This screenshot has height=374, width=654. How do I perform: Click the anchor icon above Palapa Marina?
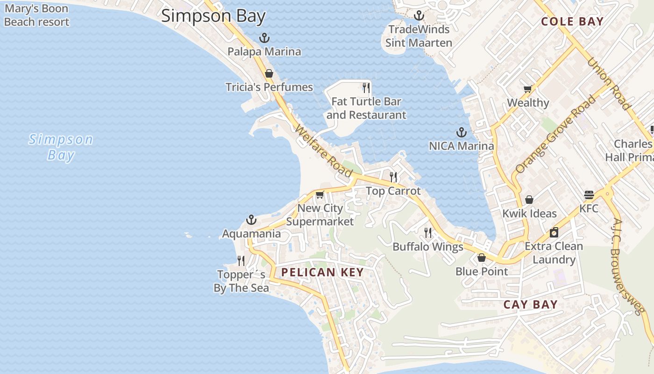point(264,38)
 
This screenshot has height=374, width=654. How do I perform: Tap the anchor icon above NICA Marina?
point(462,132)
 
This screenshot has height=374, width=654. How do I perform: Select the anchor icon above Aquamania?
point(251,220)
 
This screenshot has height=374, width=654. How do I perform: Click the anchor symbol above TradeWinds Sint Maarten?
point(419,16)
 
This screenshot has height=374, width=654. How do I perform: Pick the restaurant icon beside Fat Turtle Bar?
point(366,87)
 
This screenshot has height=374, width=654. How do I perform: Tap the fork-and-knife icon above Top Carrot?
point(393,177)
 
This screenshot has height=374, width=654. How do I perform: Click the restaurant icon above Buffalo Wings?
point(427,232)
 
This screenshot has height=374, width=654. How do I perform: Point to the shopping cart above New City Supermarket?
point(320,194)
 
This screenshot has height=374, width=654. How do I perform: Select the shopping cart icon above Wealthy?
point(528,89)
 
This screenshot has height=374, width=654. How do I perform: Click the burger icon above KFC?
point(589,194)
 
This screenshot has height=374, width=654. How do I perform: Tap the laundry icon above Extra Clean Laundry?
point(554,232)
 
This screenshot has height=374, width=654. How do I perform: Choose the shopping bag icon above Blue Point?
point(482,258)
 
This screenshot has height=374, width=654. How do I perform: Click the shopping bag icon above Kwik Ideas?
point(529,200)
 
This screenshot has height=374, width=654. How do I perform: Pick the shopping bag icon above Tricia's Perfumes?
point(269,73)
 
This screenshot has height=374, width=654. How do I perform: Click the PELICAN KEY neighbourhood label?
point(322,273)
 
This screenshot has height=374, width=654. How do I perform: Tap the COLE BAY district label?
point(572,22)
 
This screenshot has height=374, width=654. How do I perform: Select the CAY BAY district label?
point(530,305)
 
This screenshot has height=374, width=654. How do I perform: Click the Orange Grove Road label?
point(556,134)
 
